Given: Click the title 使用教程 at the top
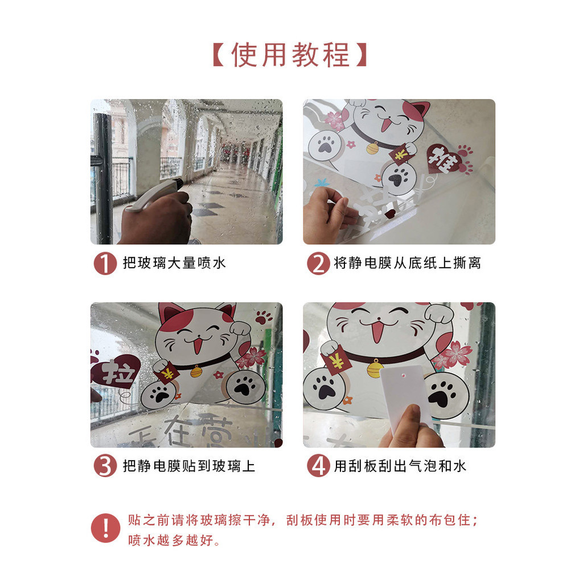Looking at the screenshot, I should pyautogui.click(x=291, y=55).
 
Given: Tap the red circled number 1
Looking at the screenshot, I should pyautogui.click(x=105, y=263).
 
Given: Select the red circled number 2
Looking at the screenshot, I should pyautogui.click(x=318, y=263).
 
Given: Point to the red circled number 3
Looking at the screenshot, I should pyautogui.click(x=105, y=466).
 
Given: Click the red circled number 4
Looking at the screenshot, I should pyautogui.click(x=318, y=466).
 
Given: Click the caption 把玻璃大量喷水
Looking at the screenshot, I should pyautogui.click(x=174, y=263).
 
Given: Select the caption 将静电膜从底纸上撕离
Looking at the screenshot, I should pyautogui.click(x=407, y=263).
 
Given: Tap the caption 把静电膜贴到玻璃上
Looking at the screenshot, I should pyautogui.click(x=189, y=466).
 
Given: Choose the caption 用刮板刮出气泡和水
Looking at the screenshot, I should pyautogui.click(x=400, y=466).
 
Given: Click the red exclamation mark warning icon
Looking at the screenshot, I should pyautogui.click(x=105, y=528).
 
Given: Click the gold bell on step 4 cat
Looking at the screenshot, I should pyautogui.click(x=375, y=368).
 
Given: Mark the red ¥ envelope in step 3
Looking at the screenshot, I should pyautogui.click(x=168, y=373).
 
